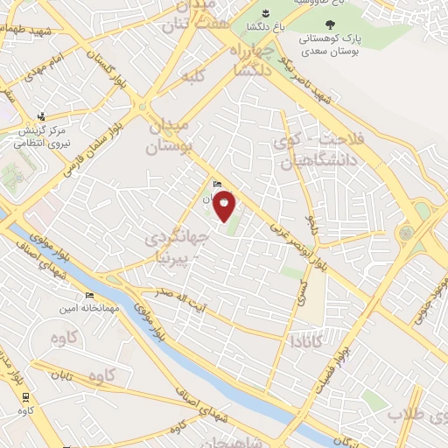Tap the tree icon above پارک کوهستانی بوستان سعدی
coord(329,24)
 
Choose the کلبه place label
coord(192,76)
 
